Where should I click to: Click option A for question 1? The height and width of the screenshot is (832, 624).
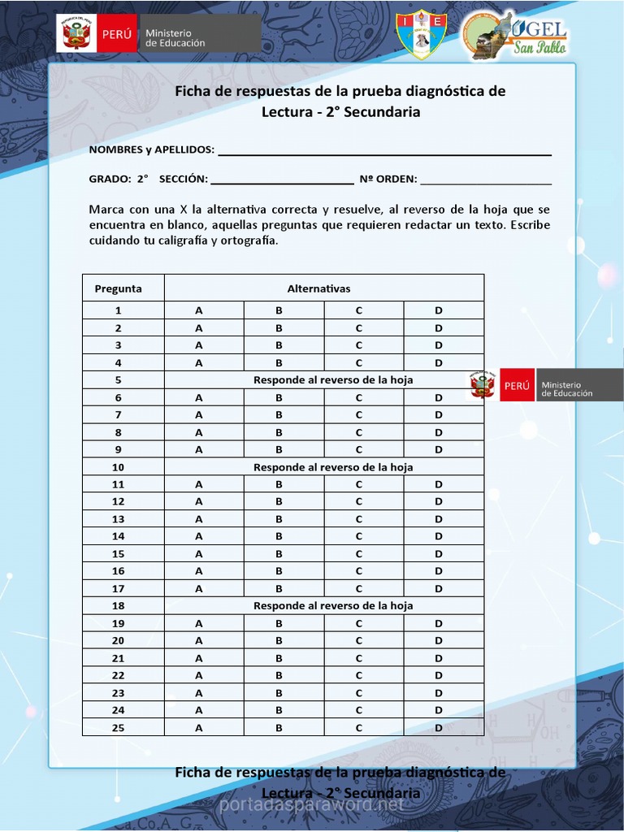[198, 310]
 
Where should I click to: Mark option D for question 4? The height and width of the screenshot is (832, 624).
[439, 363]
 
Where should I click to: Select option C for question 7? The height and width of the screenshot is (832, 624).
[358, 415]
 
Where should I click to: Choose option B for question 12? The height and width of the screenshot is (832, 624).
[279, 501]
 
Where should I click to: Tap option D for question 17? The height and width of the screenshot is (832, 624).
[439, 588]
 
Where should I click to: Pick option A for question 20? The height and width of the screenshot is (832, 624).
[198, 640]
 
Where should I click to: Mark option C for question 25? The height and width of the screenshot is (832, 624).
[358, 728]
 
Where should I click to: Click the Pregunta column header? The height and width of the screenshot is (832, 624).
[119, 288]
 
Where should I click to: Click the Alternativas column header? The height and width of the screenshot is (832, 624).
[318, 288]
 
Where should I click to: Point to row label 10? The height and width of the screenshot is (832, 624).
[119, 467]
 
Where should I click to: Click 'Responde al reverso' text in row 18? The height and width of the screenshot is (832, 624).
[333, 606]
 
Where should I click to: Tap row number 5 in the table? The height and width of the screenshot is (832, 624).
[119, 380]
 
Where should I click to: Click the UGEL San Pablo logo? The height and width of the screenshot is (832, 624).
[515, 36]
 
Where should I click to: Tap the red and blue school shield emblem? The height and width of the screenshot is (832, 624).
[417, 36]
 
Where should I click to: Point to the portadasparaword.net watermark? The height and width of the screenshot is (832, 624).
[312, 805]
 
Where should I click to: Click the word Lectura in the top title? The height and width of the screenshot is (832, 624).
[287, 112]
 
